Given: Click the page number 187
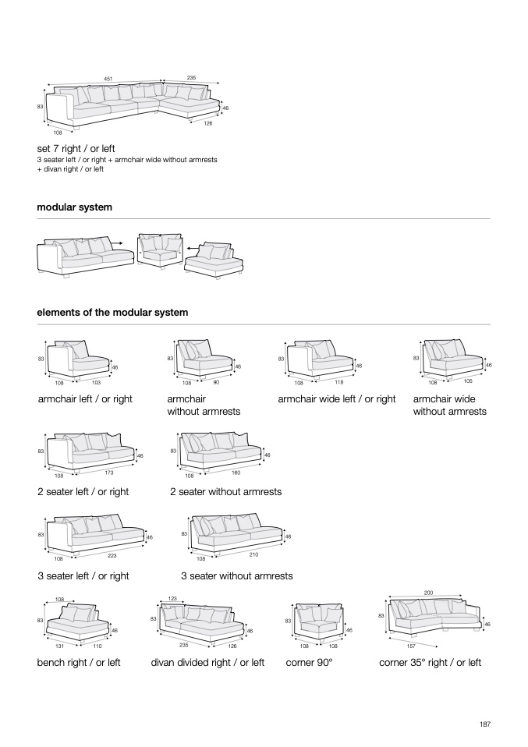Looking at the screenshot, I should pos(484,724).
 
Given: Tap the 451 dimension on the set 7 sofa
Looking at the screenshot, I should pos(108,78).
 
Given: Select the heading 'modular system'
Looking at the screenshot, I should pos(74,207).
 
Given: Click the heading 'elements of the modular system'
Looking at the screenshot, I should pos(112,313).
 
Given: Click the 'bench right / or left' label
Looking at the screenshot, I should pos(79,663).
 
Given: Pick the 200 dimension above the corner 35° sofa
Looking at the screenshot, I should pos(428,593).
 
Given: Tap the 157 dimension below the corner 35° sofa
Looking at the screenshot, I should pos(410,646).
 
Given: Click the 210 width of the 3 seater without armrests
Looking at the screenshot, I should pos(253,554).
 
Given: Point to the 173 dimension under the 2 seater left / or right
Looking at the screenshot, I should pos(108,473).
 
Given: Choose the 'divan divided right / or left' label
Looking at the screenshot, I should pos(207,663).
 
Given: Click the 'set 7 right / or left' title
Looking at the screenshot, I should pos(76,148).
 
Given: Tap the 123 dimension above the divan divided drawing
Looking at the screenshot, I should pos(173,599).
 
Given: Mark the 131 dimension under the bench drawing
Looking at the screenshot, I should pos(59,646).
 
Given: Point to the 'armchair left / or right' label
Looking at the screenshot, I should pos(85,399).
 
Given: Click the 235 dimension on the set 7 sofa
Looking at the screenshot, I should pos(191,78).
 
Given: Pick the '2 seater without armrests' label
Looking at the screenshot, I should pos(225,492).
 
